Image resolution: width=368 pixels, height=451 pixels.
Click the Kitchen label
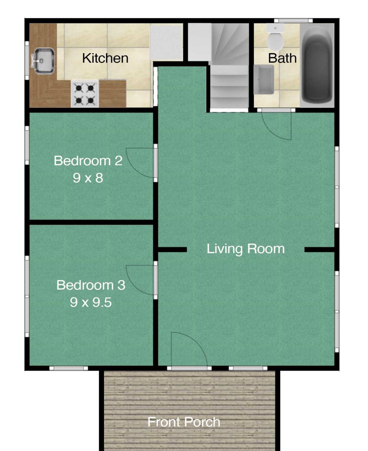[105, 58]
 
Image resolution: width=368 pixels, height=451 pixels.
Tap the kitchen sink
[44, 61]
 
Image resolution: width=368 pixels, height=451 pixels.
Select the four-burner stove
[85, 94]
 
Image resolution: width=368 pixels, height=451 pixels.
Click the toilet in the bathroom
[275, 38]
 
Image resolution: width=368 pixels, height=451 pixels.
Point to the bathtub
[317, 65]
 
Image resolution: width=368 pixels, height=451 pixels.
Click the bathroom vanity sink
[264, 80]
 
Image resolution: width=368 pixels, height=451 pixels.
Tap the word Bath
[282, 58]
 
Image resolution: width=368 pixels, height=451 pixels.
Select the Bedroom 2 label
[88, 160]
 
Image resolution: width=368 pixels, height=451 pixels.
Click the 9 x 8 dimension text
[88, 178]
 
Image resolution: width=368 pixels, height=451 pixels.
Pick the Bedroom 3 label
[91, 285]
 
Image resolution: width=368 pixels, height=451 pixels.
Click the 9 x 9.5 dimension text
[91, 302]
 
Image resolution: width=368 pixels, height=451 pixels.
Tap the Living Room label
[246, 249]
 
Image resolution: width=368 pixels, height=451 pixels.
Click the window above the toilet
[293, 21]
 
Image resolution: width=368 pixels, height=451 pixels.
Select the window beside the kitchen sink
[27, 61]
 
